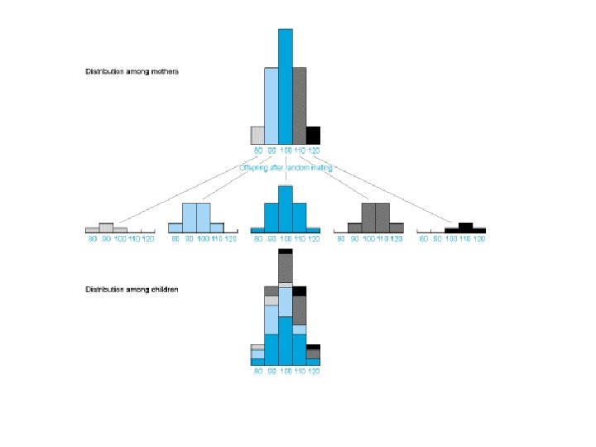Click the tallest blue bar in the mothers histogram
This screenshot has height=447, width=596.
(x=286, y=87)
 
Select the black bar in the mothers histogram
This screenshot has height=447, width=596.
(x=314, y=135)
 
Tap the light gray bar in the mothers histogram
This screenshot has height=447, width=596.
(x=257, y=135)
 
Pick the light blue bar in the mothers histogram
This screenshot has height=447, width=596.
(x=272, y=106)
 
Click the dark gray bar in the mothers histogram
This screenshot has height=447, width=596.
(x=300, y=106)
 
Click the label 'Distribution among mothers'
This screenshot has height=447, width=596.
(x=132, y=71)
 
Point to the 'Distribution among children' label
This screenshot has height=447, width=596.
(x=132, y=290)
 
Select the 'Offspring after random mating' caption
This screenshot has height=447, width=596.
(x=286, y=167)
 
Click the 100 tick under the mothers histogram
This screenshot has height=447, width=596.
(x=286, y=151)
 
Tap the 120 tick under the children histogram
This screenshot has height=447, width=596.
(x=314, y=372)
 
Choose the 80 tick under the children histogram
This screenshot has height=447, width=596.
(x=258, y=372)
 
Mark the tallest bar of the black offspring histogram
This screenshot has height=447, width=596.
(x=465, y=227)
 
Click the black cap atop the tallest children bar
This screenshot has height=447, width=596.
(x=286, y=251)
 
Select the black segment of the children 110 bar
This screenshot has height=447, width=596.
(x=300, y=291)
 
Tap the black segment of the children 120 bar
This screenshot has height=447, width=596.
(x=314, y=347)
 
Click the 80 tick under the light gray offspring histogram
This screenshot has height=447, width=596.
(x=93, y=238)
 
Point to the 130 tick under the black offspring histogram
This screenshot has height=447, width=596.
(x=479, y=238)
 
